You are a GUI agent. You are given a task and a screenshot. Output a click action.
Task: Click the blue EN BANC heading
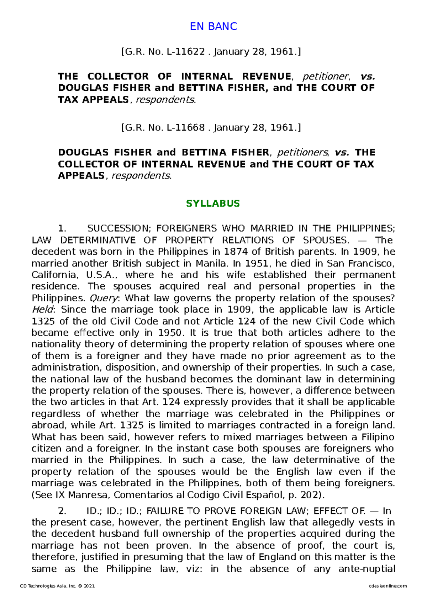click(x=213, y=26)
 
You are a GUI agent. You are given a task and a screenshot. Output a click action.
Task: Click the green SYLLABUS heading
click(x=213, y=203)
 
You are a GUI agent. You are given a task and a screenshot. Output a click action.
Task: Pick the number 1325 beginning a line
click(x=43, y=321)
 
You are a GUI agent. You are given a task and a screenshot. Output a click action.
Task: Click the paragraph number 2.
click(x=62, y=511)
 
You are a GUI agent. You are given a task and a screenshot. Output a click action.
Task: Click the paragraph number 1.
click(x=62, y=228)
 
